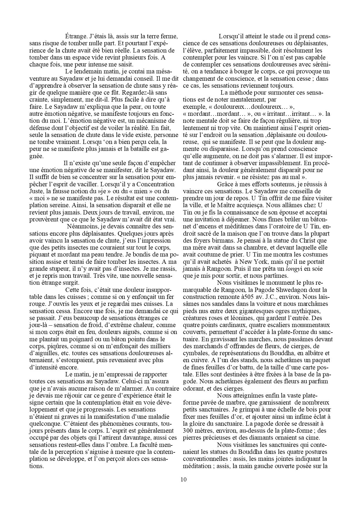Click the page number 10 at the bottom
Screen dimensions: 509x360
click(x=183, y=479)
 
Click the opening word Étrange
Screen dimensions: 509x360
click(x=76, y=37)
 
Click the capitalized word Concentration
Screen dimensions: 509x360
click(x=156, y=184)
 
